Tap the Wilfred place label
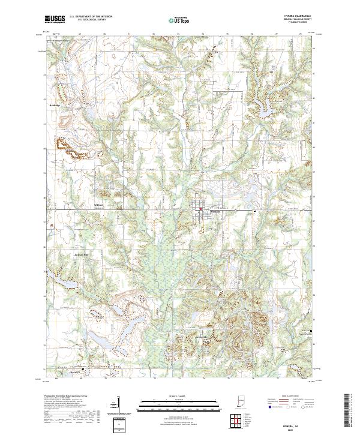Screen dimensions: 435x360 coord(100,205)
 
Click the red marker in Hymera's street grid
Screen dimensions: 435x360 coord(200,209)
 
